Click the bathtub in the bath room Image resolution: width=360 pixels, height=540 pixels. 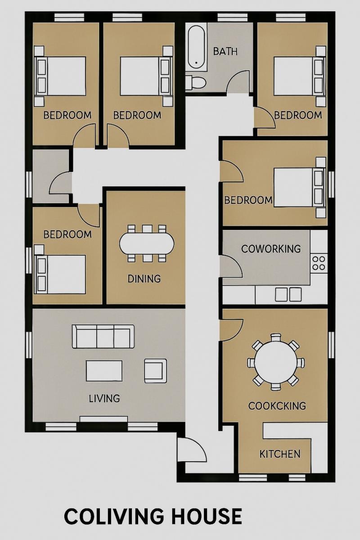pyautogui.click(x=196, y=47)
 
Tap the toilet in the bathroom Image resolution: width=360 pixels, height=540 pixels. pyautogui.click(x=196, y=83)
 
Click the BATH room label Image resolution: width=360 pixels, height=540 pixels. pyautogui.click(x=225, y=51)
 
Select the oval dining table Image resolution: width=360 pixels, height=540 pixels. pyautogui.click(x=146, y=243)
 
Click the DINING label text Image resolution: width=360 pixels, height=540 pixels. pyautogui.click(x=144, y=279)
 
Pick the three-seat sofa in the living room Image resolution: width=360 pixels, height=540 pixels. pyautogui.click(x=103, y=337)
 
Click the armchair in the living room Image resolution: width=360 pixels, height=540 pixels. pyautogui.click(x=155, y=370)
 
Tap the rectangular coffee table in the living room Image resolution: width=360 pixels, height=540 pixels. pyautogui.click(x=104, y=371)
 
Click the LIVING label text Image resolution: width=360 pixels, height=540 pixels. pyautogui.click(x=104, y=398)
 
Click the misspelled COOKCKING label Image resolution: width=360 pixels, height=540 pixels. pyautogui.click(x=277, y=406)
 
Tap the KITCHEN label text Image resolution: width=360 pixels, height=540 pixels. pyautogui.click(x=280, y=454)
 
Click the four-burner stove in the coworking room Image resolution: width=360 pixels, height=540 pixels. pyautogui.click(x=319, y=263)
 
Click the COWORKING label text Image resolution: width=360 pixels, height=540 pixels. pyautogui.click(x=270, y=249)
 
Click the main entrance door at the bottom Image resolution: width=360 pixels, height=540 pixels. pyautogui.click(x=191, y=450)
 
